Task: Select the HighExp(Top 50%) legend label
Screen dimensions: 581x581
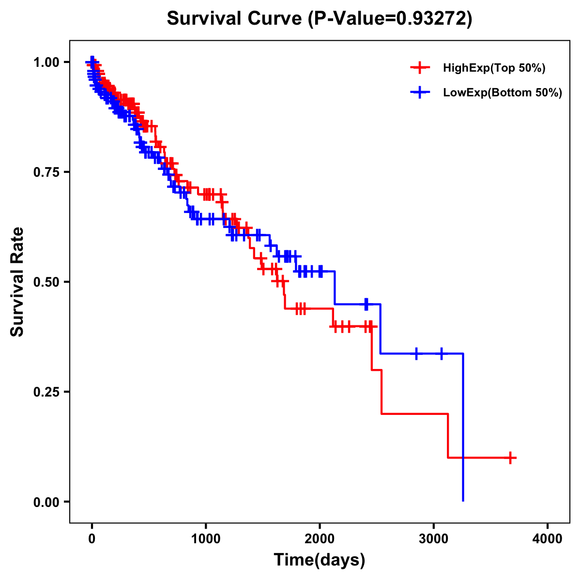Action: coord(494,68)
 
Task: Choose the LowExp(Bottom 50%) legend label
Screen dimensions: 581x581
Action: coord(503,93)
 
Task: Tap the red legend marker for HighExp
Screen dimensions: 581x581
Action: coord(420,68)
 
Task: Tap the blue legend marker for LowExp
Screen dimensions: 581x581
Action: coord(420,93)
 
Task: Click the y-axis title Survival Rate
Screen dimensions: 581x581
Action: coord(17,282)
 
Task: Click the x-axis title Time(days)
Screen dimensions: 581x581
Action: coord(320,560)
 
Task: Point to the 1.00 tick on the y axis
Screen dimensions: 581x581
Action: coord(46,62)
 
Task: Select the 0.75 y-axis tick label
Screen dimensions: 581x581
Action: coord(46,172)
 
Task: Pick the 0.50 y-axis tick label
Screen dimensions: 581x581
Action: coord(46,282)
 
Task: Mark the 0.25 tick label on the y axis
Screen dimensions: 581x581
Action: coord(46,392)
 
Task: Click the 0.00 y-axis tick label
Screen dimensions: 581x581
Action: coord(46,502)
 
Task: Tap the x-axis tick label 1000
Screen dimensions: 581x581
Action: coord(206,539)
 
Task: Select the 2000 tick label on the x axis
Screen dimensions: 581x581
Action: coord(320,539)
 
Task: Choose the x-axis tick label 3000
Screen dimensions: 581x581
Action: coord(434,539)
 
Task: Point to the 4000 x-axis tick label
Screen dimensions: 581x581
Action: coord(548,539)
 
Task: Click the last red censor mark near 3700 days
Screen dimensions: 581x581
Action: coord(510,458)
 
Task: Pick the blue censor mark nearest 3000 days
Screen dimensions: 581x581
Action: coord(442,354)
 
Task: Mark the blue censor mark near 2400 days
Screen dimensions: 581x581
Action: coord(366,304)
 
